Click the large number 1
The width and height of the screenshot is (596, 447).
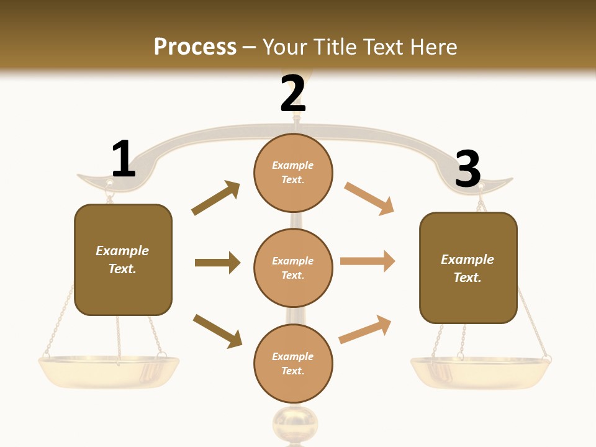pos(124,159)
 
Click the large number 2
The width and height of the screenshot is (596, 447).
pos(293,94)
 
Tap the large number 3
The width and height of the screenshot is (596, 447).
pos(468,169)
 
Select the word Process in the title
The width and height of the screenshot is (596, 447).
pos(195,47)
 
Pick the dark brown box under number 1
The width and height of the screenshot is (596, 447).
pos(123,260)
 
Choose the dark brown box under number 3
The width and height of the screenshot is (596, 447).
pos(468,268)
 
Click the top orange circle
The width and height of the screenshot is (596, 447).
pos(293,173)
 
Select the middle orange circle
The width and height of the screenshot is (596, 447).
pos(293,268)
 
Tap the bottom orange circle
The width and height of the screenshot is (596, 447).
pos(293,363)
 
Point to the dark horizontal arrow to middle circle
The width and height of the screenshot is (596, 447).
pos(217,263)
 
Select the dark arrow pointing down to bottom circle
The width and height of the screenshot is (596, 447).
pos(217,330)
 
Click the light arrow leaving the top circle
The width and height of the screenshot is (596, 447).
pos(369,198)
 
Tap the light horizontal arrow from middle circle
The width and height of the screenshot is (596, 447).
pos(367,261)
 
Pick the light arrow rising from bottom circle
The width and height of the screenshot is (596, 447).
pos(365,329)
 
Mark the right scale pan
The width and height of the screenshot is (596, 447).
pos(481,372)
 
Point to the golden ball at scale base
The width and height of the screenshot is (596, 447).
pos(295,425)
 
